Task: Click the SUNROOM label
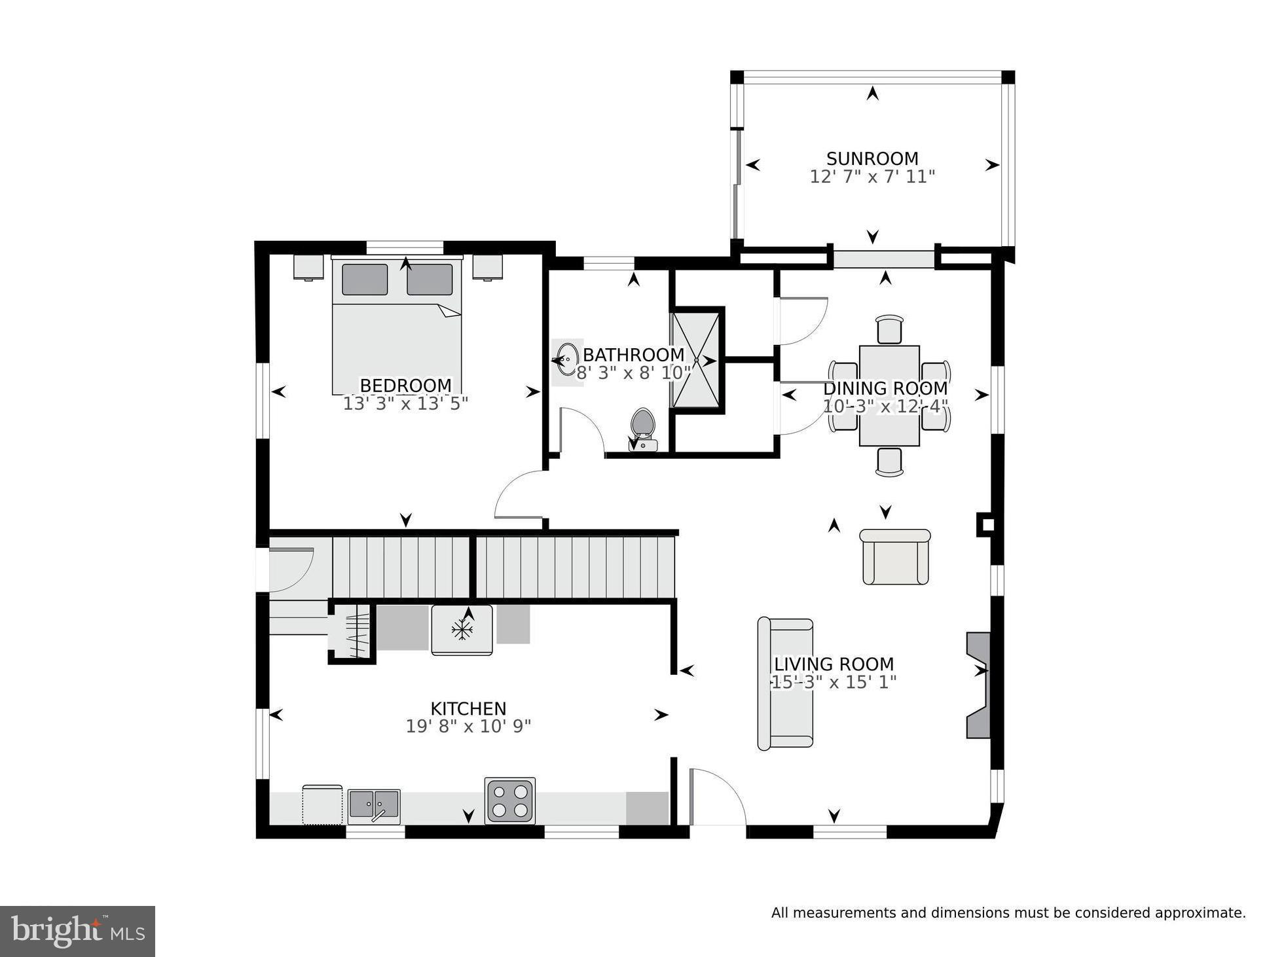(x=872, y=158)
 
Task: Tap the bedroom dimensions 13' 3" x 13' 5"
(x=405, y=404)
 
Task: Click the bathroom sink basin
(x=566, y=359)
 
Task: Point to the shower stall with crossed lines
(x=696, y=360)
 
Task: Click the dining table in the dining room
(x=889, y=395)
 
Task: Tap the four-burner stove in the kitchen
(x=509, y=801)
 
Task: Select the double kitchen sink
(x=373, y=805)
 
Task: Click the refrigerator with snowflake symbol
(x=462, y=630)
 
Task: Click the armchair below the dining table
(x=894, y=556)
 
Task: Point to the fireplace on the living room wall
(x=978, y=685)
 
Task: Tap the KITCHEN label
(x=468, y=708)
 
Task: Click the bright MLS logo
(x=77, y=931)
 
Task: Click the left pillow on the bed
(x=365, y=280)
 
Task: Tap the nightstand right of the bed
(x=487, y=267)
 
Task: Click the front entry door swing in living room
(x=717, y=799)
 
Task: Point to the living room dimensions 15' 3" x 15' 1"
(x=833, y=682)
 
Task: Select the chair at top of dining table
(x=889, y=329)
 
